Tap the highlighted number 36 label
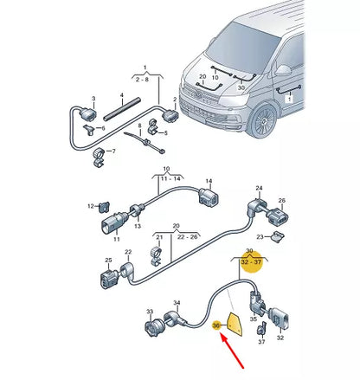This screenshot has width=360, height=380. (216, 325)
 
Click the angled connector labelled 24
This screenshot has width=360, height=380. (255, 204)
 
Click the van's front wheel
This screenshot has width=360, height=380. (260, 120)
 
